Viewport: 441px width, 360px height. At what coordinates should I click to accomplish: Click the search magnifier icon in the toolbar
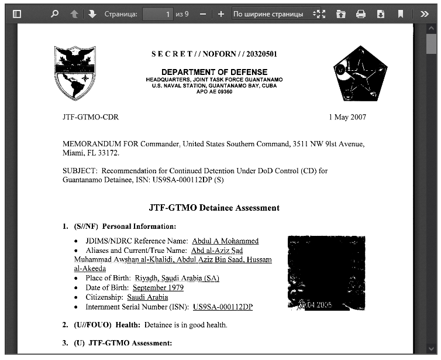54,13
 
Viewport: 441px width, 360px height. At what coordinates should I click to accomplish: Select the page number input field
158,13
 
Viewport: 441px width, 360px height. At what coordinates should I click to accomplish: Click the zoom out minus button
202,13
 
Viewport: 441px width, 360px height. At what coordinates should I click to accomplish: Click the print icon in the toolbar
361,13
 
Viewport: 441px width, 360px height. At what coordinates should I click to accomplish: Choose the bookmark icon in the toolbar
401,13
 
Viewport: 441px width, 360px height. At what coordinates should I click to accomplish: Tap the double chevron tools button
425,13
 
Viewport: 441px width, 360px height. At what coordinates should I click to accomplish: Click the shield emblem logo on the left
75,73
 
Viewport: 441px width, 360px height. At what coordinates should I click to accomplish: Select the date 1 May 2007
347,117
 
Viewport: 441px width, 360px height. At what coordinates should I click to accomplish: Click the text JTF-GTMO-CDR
91,117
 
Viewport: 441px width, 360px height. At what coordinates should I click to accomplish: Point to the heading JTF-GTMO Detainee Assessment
214,208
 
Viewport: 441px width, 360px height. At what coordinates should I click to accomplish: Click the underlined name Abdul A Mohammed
225,241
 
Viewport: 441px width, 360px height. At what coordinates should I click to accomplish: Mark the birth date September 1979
158,288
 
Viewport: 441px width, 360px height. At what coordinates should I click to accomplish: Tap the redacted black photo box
326,272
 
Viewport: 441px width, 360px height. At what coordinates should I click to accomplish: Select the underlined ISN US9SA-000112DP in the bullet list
223,307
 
